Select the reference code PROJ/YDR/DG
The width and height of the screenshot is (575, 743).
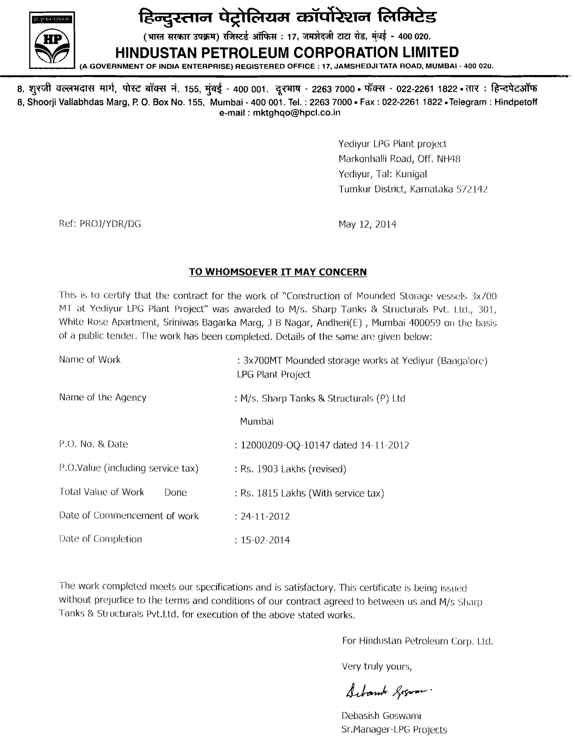click(x=110, y=224)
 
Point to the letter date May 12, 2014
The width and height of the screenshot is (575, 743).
click(x=367, y=224)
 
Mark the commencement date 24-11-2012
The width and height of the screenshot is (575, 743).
click(x=265, y=516)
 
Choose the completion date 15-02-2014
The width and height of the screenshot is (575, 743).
click(x=265, y=540)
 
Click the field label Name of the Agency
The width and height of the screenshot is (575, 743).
click(x=103, y=397)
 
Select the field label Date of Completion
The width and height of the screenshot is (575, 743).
click(x=101, y=539)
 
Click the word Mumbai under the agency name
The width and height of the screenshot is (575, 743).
click(x=257, y=421)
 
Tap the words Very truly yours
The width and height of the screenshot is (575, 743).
click(x=377, y=666)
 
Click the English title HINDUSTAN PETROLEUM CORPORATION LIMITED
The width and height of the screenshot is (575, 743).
click(x=287, y=52)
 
